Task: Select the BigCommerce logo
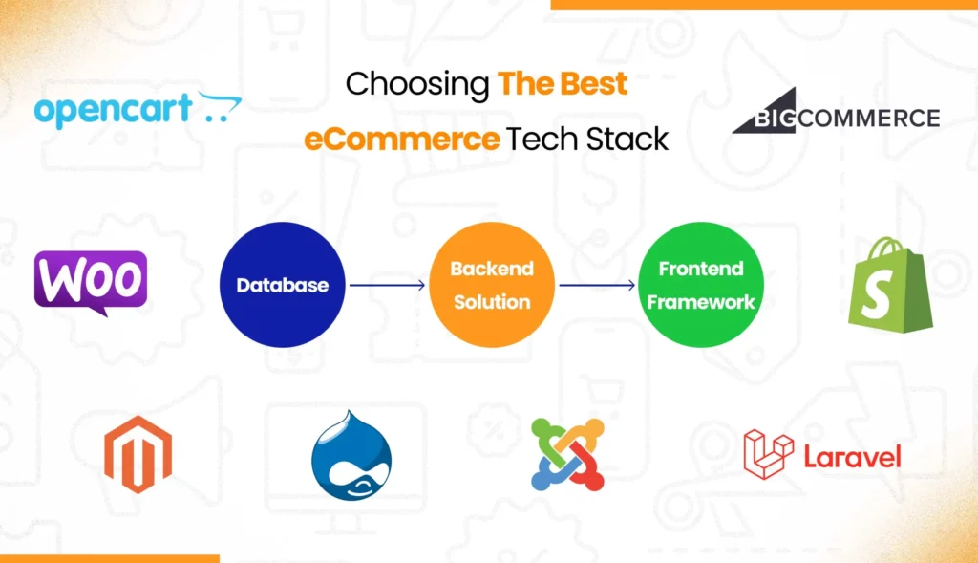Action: [836, 116]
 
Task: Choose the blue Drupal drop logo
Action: [351, 454]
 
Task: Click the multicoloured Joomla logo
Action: [567, 454]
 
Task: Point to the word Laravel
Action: [852, 457]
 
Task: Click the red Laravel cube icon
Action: [768, 453]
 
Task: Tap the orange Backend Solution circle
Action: [491, 285]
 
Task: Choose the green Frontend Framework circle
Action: [700, 285]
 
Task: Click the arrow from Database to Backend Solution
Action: [387, 285]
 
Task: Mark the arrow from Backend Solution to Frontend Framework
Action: [596, 285]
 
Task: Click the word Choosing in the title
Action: [416, 84]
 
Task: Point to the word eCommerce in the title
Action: [402, 141]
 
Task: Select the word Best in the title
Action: [592, 84]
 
